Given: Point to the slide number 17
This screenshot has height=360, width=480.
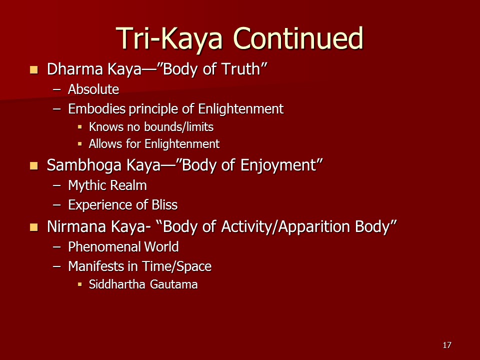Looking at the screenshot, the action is (x=447, y=345).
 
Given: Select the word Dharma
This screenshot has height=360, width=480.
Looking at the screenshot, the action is (x=74, y=69).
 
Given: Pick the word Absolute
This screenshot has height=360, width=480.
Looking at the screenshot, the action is (x=93, y=89).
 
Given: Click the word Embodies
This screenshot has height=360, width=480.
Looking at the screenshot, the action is (x=96, y=108).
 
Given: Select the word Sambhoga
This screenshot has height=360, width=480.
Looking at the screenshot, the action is (x=84, y=165).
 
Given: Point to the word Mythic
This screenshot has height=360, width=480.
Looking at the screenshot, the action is (x=87, y=185).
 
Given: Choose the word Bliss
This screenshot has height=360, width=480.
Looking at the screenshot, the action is (x=164, y=205).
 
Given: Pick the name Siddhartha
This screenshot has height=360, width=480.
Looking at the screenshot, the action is (x=117, y=284).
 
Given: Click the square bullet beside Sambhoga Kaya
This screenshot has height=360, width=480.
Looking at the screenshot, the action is (x=34, y=166).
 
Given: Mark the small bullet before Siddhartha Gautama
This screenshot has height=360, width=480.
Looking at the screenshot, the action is (x=80, y=284).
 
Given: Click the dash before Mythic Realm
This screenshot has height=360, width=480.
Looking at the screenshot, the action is (x=57, y=185).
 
